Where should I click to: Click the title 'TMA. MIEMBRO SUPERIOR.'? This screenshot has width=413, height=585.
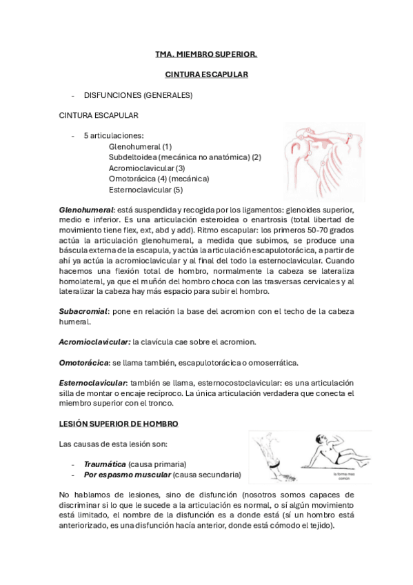[x=206, y=53]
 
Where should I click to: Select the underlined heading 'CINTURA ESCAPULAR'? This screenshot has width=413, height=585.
[x=206, y=74]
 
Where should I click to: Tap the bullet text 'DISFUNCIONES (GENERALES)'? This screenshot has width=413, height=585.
[x=138, y=95]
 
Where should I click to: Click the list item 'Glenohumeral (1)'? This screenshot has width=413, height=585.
[x=140, y=146]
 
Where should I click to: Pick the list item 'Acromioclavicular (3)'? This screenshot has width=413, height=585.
[x=147, y=168]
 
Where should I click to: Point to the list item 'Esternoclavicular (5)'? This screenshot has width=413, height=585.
[x=145, y=189]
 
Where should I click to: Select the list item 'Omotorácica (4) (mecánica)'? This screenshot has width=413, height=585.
[x=159, y=179]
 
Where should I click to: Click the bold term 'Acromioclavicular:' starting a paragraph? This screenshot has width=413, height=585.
[x=94, y=342]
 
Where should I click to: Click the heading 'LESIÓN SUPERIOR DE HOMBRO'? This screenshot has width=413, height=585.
[x=121, y=424]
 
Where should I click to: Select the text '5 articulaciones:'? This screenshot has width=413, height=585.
[x=113, y=136]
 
